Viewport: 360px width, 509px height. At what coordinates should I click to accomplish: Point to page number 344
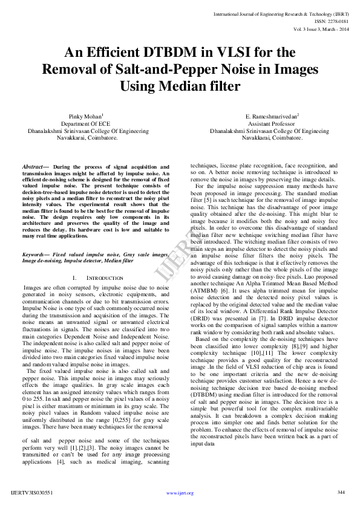pos(341,493)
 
